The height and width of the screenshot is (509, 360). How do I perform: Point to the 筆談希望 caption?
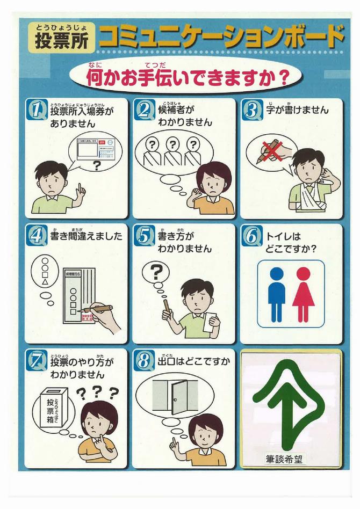tap(290, 459)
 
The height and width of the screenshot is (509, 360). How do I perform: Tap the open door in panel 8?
tap(179, 397)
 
